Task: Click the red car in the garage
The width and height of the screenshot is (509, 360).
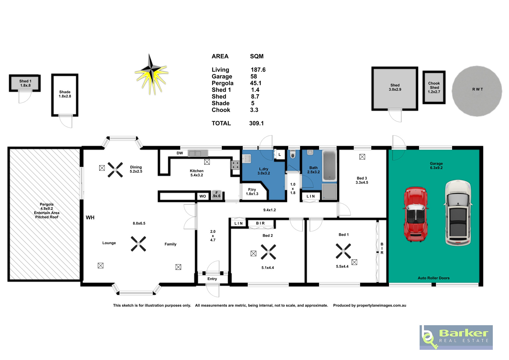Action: [x=416, y=214]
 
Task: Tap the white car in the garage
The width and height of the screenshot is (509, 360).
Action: [x=458, y=213]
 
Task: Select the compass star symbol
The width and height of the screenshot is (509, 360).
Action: [x=151, y=74]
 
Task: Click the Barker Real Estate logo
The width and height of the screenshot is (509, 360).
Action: [x=456, y=337]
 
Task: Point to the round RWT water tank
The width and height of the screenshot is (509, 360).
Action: [x=477, y=91]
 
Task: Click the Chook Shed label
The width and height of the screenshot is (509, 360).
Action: [x=434, y=85]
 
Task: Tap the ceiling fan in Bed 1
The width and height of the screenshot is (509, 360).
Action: [x=343, y=251]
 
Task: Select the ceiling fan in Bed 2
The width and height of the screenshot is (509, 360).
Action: [x=268, y=252]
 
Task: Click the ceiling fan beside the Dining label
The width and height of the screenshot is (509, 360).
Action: [x=115, y=169]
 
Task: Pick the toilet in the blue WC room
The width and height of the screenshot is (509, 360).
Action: [x=293, y=154]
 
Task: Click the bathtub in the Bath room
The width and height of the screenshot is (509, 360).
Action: [x=329, y=166]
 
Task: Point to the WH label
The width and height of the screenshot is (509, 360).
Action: [x=90, y=217]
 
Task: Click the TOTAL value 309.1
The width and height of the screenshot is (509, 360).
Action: [x=256, y=123]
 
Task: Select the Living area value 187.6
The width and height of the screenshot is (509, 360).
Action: [x=258, y=70]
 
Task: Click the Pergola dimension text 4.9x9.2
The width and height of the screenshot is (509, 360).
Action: [x=46, y=208]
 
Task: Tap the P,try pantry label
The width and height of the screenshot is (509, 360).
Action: [x=252, y=189]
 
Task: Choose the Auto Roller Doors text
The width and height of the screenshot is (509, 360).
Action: [x=433, y=278]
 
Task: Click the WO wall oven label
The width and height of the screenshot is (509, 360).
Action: [x=203, y=196]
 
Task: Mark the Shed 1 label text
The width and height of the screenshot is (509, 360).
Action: [x=25, y=81]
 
